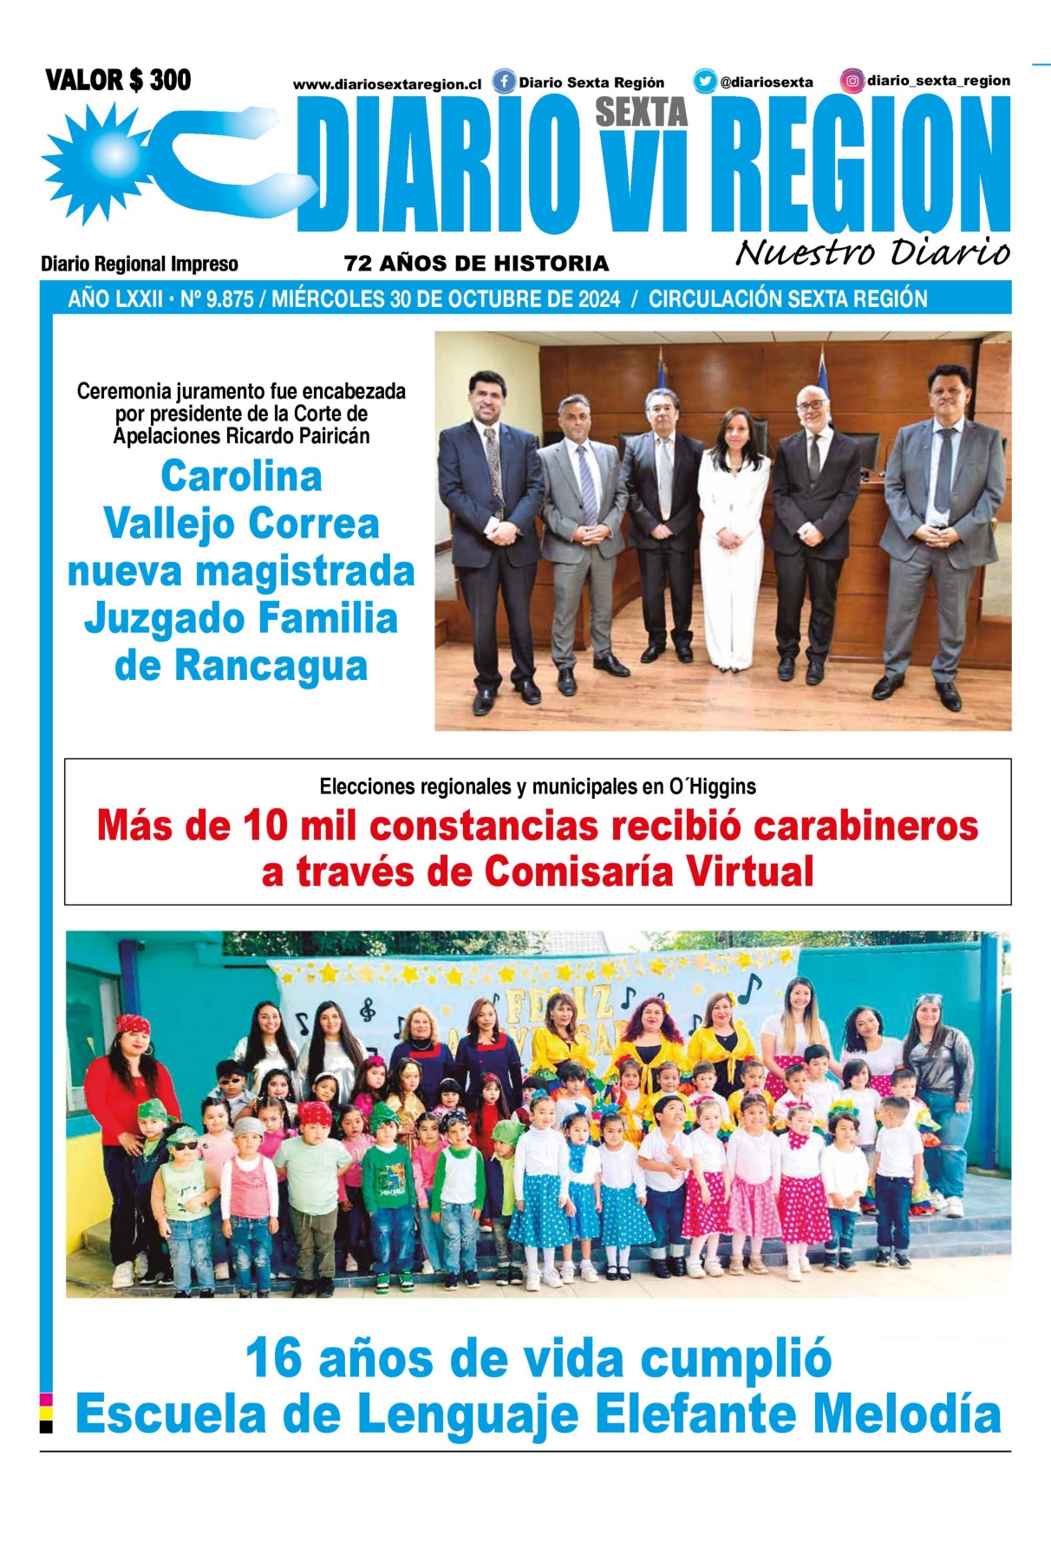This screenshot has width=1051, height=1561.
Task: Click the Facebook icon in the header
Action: click(504, 82)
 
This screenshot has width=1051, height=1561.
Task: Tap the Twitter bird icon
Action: click(704, 82)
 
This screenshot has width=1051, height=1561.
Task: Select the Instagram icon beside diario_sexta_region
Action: click(852, 82)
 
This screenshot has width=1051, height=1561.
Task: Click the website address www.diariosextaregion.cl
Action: click(387, 85)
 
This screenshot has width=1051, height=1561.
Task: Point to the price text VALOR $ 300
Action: click(118, 81)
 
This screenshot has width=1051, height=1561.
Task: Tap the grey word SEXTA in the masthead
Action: click(641, 112)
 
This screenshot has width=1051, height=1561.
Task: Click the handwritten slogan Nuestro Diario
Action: click(872, 252)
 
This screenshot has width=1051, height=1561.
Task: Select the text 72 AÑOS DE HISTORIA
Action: click(476, 264)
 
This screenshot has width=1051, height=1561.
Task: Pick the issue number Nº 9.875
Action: click(217, 300)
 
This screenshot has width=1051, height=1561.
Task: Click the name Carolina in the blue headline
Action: click(241, 476)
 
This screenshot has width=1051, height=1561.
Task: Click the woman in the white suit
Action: click(734, 538)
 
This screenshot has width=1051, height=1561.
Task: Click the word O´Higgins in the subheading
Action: click(712, 787)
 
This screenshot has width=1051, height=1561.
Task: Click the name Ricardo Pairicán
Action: click(297, 436)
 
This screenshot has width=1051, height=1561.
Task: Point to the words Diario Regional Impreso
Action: click(139, 264)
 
